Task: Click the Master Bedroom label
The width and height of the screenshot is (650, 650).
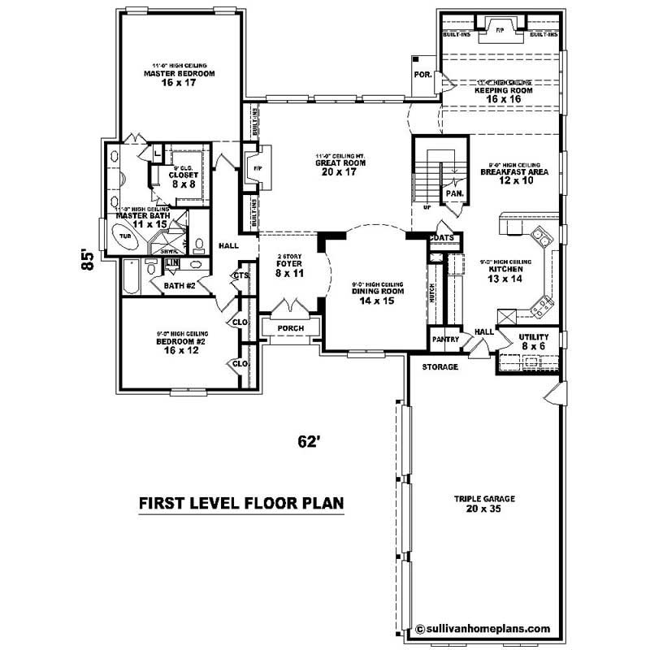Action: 179,74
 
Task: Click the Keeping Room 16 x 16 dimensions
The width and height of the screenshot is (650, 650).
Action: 504,98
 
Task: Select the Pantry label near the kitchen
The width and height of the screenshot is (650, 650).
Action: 446,339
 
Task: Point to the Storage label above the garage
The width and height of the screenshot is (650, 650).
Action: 440,367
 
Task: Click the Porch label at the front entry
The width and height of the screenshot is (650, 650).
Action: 290,329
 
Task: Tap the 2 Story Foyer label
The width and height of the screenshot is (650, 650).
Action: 289,268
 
